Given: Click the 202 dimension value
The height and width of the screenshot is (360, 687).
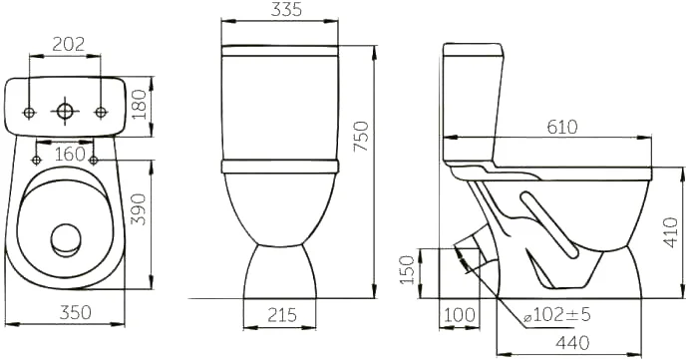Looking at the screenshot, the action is (x=69, y=44).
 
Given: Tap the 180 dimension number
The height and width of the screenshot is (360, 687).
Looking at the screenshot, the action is (x=139, y=105).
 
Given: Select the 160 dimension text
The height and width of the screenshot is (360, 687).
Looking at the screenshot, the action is (x=70, y=154).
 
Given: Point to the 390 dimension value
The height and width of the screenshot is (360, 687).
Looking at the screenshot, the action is (x=139, y=209).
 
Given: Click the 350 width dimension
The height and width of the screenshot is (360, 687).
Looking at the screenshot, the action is (x=76, y=312).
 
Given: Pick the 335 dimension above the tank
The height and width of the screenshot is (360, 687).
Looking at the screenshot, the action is (x=286, y=9).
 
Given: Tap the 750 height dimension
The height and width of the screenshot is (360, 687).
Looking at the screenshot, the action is (x=362, y=137).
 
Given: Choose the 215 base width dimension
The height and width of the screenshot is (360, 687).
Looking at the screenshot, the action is (x=282, y=315).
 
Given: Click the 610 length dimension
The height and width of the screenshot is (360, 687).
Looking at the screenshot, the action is (x=562, y=127).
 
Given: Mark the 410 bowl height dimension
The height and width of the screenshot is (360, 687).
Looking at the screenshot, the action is (x=672, y=232).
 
